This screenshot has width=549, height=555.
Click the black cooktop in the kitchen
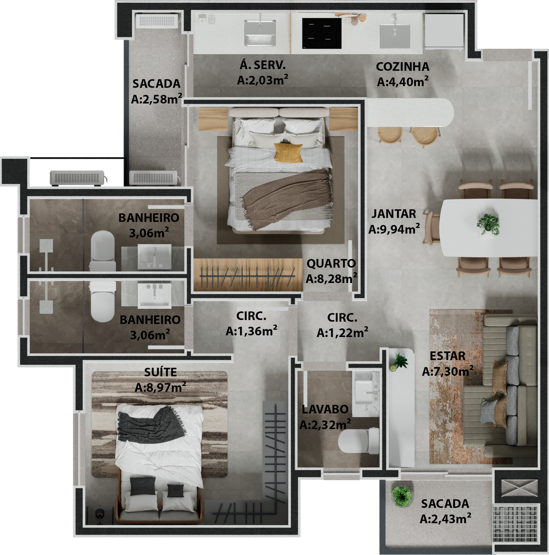[322, 33]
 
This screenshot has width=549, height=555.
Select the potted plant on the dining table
[488, 224]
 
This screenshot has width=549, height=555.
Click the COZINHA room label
[402, 67]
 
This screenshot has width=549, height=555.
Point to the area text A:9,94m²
[394, 229]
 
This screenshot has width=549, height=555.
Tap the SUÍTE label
[160, 372]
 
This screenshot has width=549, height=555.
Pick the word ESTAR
[447, 356]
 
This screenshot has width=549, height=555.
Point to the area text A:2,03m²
[262, 80]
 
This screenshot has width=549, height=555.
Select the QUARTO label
[331, 263]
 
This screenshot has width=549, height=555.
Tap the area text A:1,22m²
[342, 332]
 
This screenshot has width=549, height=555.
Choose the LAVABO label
[325, 409]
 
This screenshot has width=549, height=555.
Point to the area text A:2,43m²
[445, 519]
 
